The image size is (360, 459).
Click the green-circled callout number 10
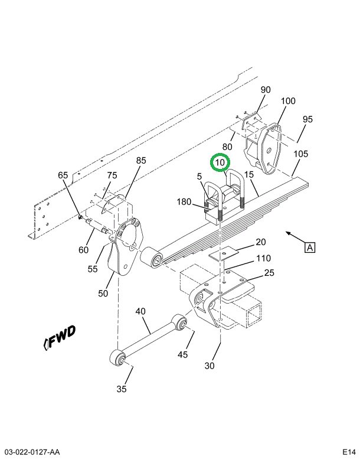click(220, 162)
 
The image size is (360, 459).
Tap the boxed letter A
click(310, 248)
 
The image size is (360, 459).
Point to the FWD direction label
click(60, 337)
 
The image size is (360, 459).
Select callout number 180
click(184, 201)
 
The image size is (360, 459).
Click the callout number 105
click(301, 154)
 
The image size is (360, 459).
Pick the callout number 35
click(122, 389)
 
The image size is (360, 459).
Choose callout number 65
click(63, 175)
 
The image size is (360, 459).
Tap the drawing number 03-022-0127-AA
click(30, 452)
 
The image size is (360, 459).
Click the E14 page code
click(349, 452)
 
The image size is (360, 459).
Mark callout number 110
click(263, 258)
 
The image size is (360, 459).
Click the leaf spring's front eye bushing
click(151, 256)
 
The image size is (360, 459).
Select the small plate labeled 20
click(224, 253)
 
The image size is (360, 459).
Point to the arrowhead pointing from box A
click(289, 233)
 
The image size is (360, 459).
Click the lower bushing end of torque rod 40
click(117, 357)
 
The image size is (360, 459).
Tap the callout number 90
click(266, 90)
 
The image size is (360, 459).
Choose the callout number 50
click(103, 294)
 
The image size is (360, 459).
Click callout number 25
click(269, 273)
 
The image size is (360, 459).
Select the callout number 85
click(141, 160)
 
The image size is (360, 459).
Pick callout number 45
click(183, 354)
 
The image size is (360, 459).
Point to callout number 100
click(288, 101)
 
